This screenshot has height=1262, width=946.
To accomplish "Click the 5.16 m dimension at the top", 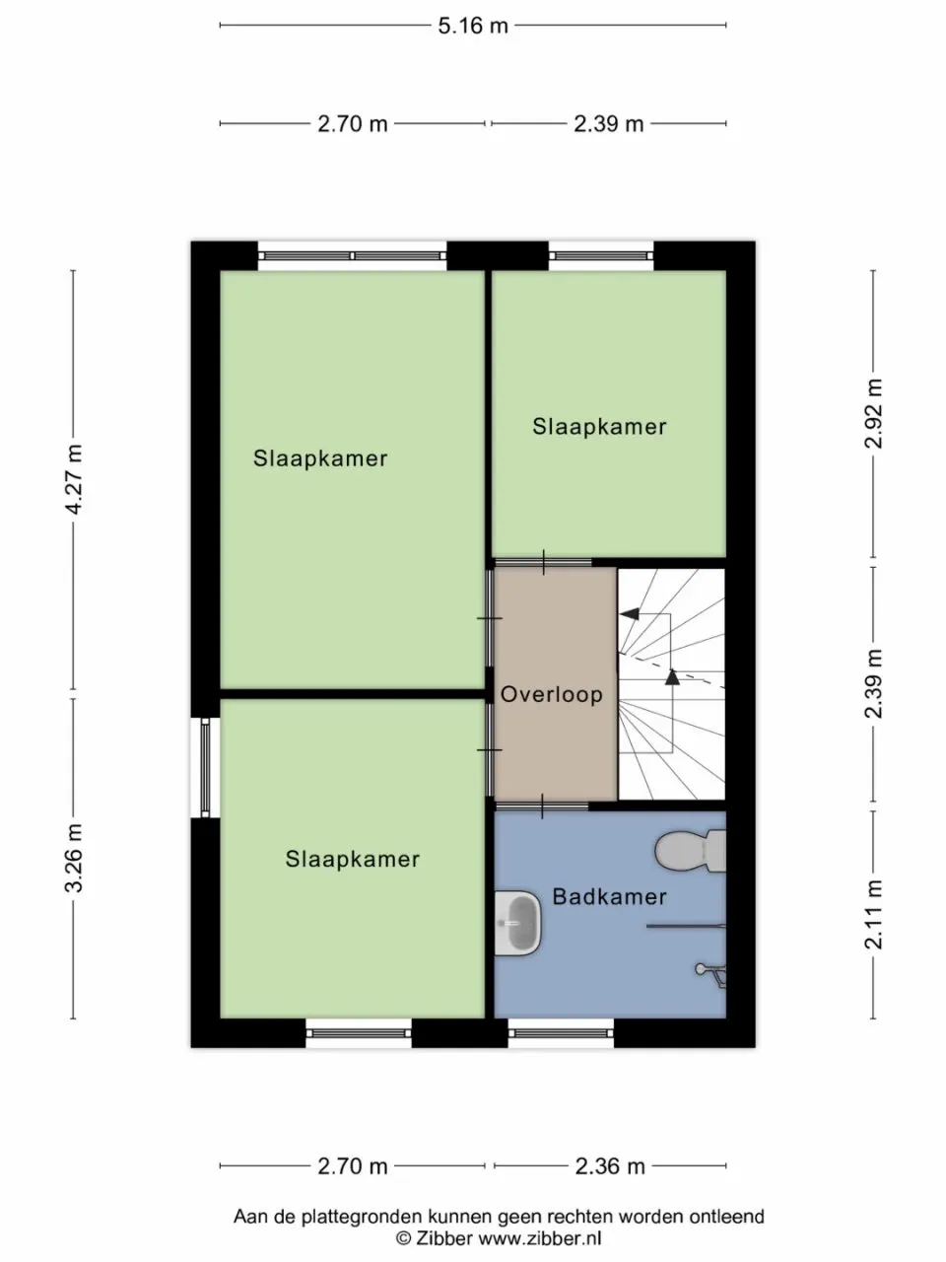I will (473, 26).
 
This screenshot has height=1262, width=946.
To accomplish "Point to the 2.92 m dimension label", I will (873, 413).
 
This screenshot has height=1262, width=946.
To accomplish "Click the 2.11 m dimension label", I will (873, 915).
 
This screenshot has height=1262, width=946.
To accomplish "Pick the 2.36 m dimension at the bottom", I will (610, 1166).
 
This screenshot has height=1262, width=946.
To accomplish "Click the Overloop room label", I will (551, 694).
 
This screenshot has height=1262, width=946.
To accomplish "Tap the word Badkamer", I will (609, 897).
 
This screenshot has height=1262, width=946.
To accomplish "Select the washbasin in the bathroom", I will (518, 922).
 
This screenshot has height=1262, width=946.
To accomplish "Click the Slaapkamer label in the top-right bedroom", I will (599, 427).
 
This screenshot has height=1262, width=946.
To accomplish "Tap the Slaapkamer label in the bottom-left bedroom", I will (353, 860).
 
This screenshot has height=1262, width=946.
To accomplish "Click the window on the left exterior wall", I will (205, 768).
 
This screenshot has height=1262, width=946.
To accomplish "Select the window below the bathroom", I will (562, 1033).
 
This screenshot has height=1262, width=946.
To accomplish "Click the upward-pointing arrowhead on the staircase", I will (673, 676).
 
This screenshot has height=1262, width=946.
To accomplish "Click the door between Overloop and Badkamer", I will (542, 806).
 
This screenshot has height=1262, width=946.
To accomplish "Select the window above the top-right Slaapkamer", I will (601, 255).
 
